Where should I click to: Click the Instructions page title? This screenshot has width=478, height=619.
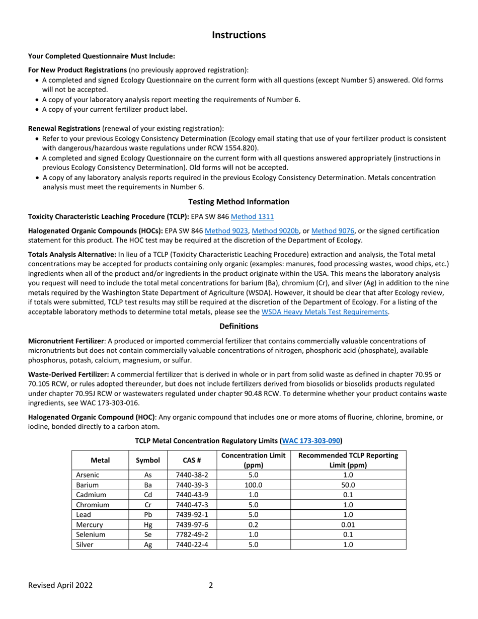pos(238,35)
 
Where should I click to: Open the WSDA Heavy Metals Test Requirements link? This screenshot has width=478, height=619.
pos(325,312)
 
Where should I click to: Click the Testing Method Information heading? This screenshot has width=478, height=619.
pos(238,202)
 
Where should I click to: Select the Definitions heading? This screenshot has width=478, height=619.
pos(238,326)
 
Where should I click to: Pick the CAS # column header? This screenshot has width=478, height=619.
pos(192,460)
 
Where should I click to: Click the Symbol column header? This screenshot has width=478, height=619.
pos(148,460)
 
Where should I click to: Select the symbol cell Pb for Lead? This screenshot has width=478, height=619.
pos(148,515)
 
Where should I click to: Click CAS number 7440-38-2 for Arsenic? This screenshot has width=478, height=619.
pos(192,475)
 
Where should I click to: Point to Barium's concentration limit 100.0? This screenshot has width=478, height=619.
pos(254,485)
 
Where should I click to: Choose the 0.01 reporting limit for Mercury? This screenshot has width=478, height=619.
pos(348,524)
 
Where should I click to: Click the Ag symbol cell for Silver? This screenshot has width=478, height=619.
pos(148,545)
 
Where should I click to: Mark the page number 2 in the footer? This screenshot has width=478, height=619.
pos(211,585)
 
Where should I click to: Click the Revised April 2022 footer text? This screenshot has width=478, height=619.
pos(60,585)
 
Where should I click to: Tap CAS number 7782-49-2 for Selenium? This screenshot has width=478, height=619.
pos(192,534)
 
